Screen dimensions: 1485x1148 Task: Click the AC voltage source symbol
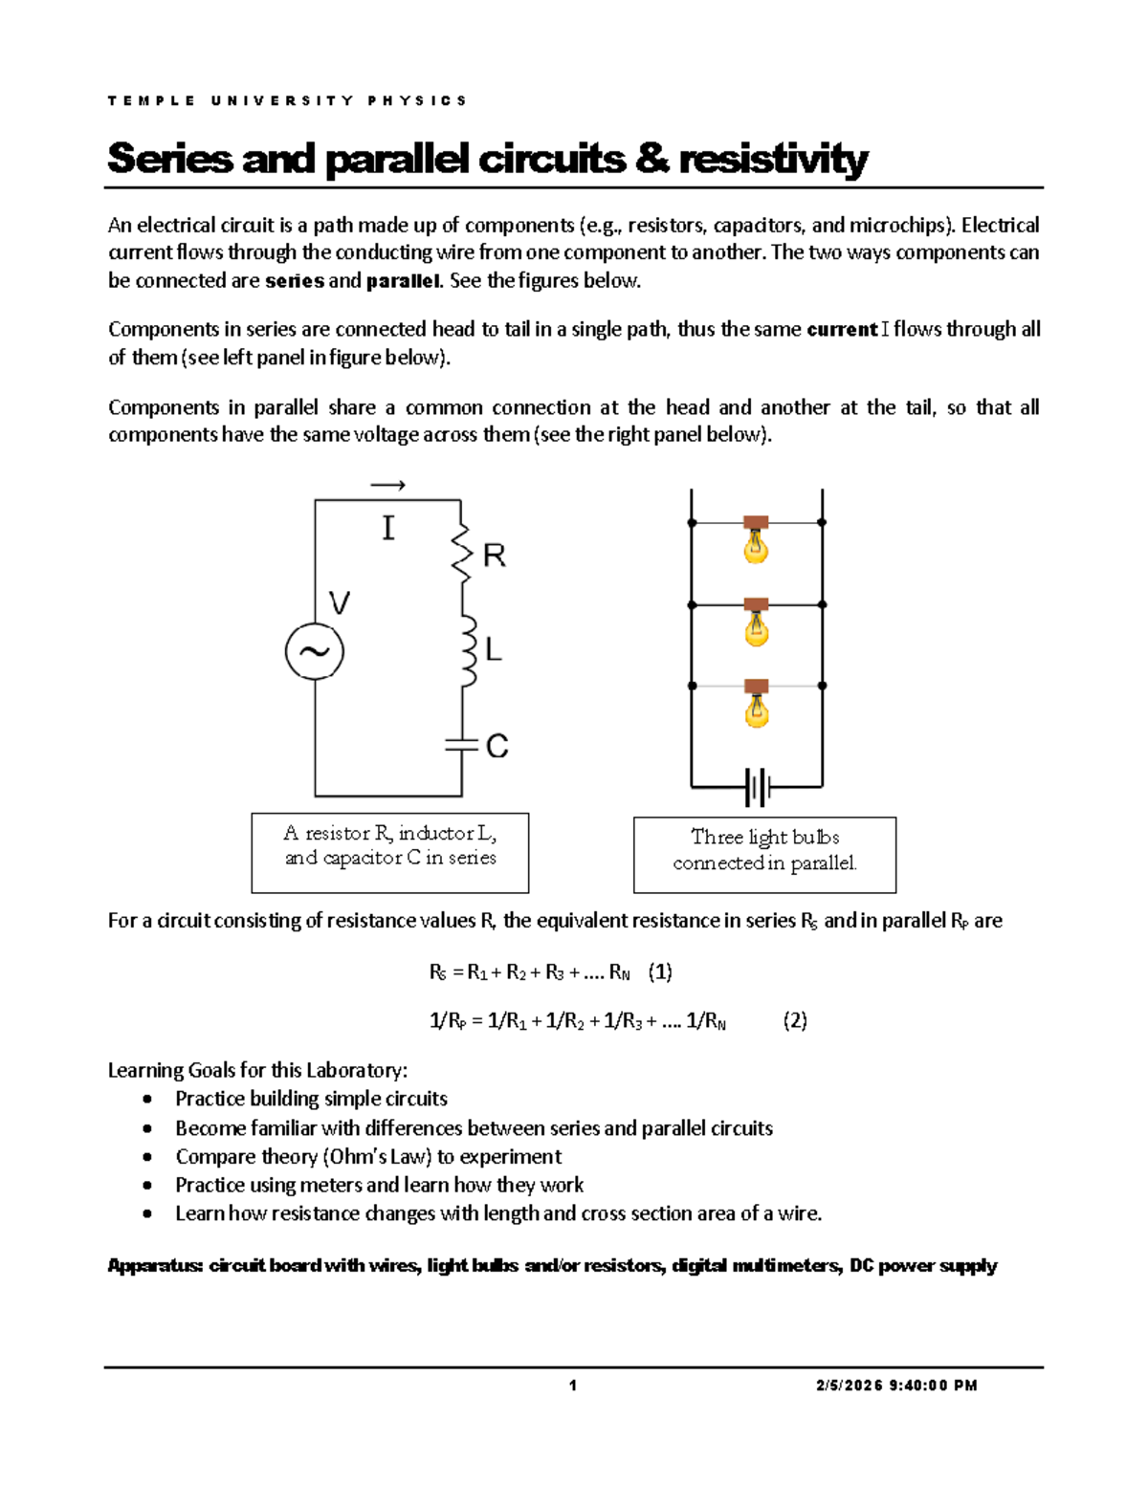[x=314, y=651]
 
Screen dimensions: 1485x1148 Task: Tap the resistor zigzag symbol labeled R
[x=462, y=553]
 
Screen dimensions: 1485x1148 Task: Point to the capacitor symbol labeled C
[x=461, y=745]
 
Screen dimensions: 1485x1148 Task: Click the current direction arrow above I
[x=387, y=486]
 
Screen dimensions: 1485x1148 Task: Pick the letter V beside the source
[x=340, y=603]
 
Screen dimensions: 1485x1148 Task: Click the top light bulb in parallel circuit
[x=756, y=541]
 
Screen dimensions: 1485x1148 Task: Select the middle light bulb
[x=756, y=623]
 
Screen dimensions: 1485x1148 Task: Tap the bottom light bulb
[x=756, y=706]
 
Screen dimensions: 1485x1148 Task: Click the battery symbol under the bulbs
[x=757, y=788]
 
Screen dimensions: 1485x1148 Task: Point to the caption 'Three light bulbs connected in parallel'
[x=764, y=850]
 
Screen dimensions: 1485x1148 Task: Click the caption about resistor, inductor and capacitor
[x=390, y=846]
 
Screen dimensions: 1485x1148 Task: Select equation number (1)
[x=660, y=972]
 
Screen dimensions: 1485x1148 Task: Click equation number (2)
[x=795, y=1020]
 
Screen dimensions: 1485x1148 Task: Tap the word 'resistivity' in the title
[x=773, y=159]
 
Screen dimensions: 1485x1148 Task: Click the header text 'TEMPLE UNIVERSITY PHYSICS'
[x=287, y=100]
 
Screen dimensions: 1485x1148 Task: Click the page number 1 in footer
[x=573, y=1386]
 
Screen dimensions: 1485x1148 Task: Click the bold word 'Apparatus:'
[x=155, y=1266]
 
